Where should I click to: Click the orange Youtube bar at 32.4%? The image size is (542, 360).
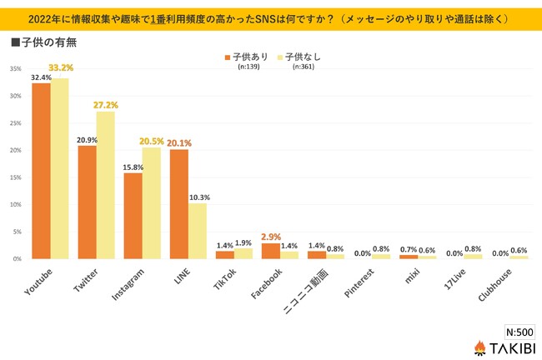pos(41,171)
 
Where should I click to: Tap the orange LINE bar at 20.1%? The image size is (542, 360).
pos(178,204)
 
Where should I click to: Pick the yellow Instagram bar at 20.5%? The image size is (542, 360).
pos(151,203)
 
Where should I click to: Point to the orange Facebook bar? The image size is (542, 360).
pos(270,251)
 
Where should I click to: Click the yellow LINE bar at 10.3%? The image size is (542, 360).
pos(197,231)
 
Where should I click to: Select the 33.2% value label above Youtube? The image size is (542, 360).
pos(60,68)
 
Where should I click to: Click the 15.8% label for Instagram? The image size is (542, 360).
pos(132,166)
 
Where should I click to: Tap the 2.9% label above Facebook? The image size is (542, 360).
pos(269,237)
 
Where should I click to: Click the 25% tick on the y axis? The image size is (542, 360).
pos(16,123)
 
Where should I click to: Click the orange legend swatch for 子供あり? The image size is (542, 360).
pos(226,57)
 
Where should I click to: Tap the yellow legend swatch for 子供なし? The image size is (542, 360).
pos(279,57)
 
